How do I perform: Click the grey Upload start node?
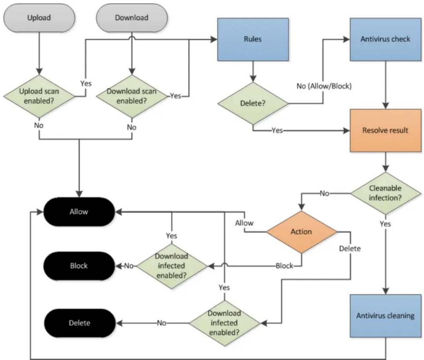click(39, 18)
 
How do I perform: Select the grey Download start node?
click(132, 18)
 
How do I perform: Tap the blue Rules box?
click(253, 39)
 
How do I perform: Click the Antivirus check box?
click(385, 39)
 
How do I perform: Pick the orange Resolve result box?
click(385, 131)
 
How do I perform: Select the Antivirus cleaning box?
click(385, 316)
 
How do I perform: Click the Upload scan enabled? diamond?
click(39, 96)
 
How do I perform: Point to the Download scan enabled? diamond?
click(132, 96)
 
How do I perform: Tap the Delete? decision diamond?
click(253, 103)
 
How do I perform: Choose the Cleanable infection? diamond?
click(385, 193)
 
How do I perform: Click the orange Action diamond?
click(301, 232)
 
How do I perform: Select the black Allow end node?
click(79, 212)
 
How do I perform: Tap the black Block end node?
click(79, 266)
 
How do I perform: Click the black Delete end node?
click(79, 323)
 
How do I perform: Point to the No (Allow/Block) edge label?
click(324, 86)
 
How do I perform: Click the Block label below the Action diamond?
click(284, 266)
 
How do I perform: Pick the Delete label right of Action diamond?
click(350, 249)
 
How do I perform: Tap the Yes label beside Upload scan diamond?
click(86, 84)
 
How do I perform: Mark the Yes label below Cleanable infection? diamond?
click(385, 224)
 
